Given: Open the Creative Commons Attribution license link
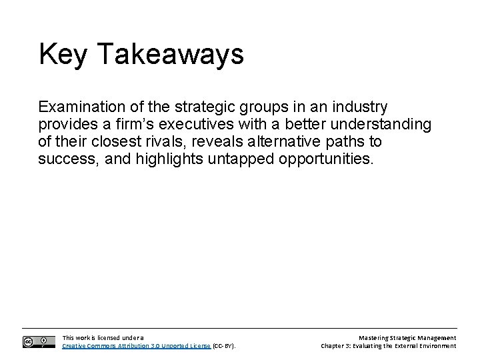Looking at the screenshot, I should (x=136, y=346).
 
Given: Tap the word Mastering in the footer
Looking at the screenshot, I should (x=374, y=338).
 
